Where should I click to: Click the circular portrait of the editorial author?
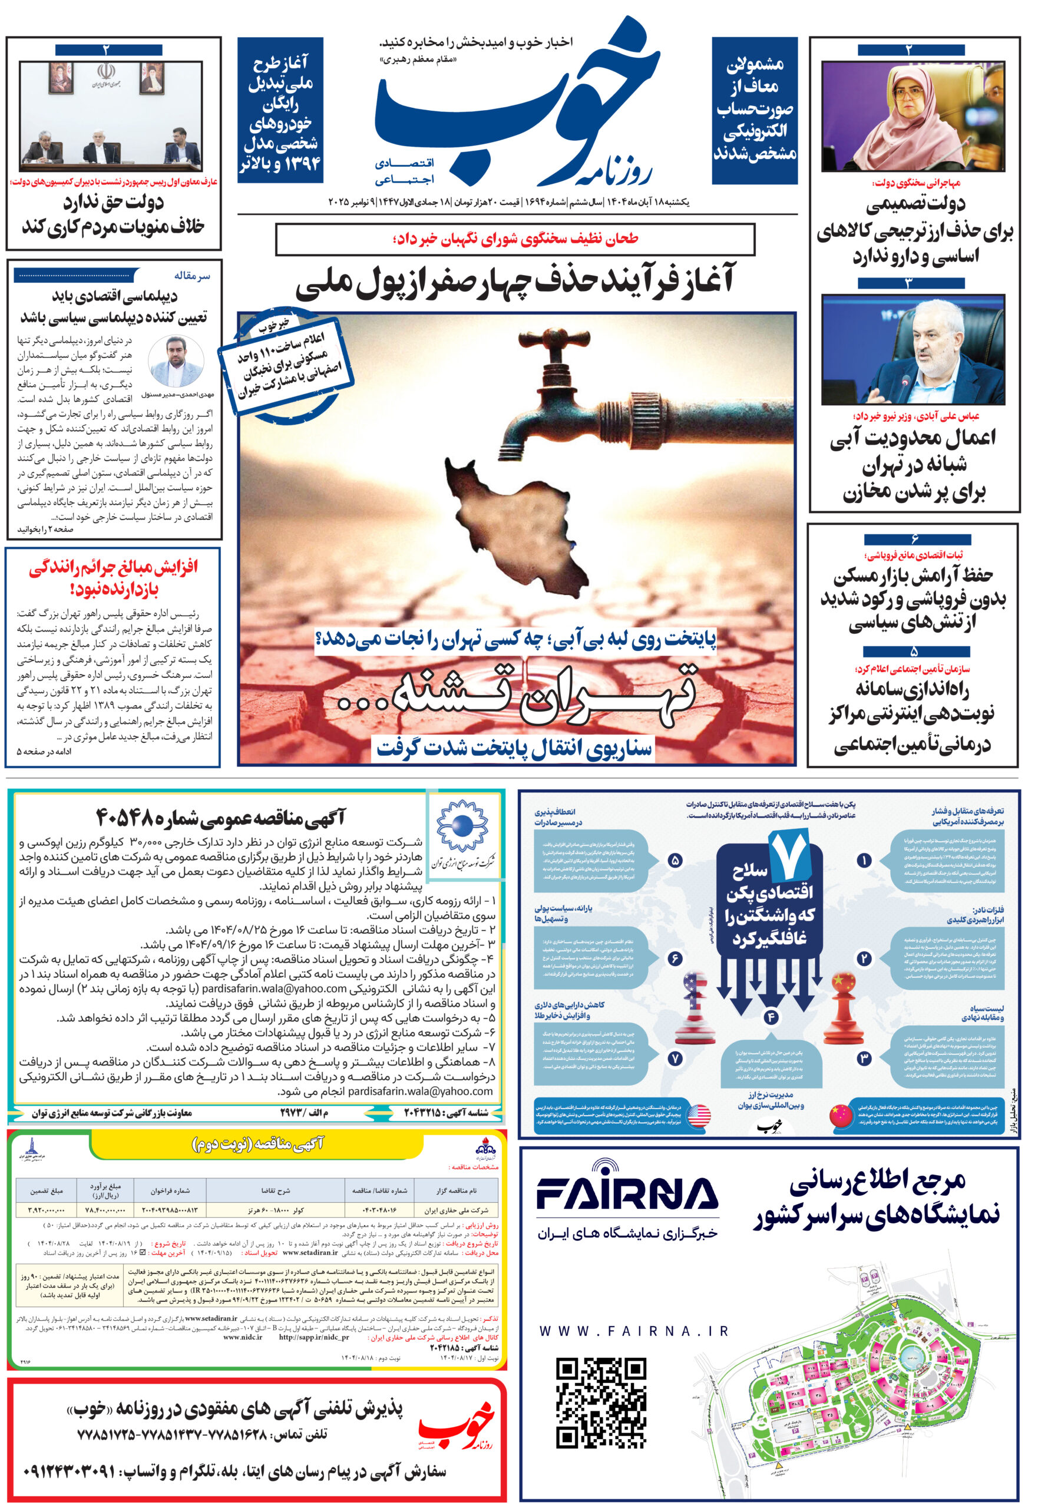tap(176, 362)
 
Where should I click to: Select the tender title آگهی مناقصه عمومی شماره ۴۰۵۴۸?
tap(221, 817)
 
